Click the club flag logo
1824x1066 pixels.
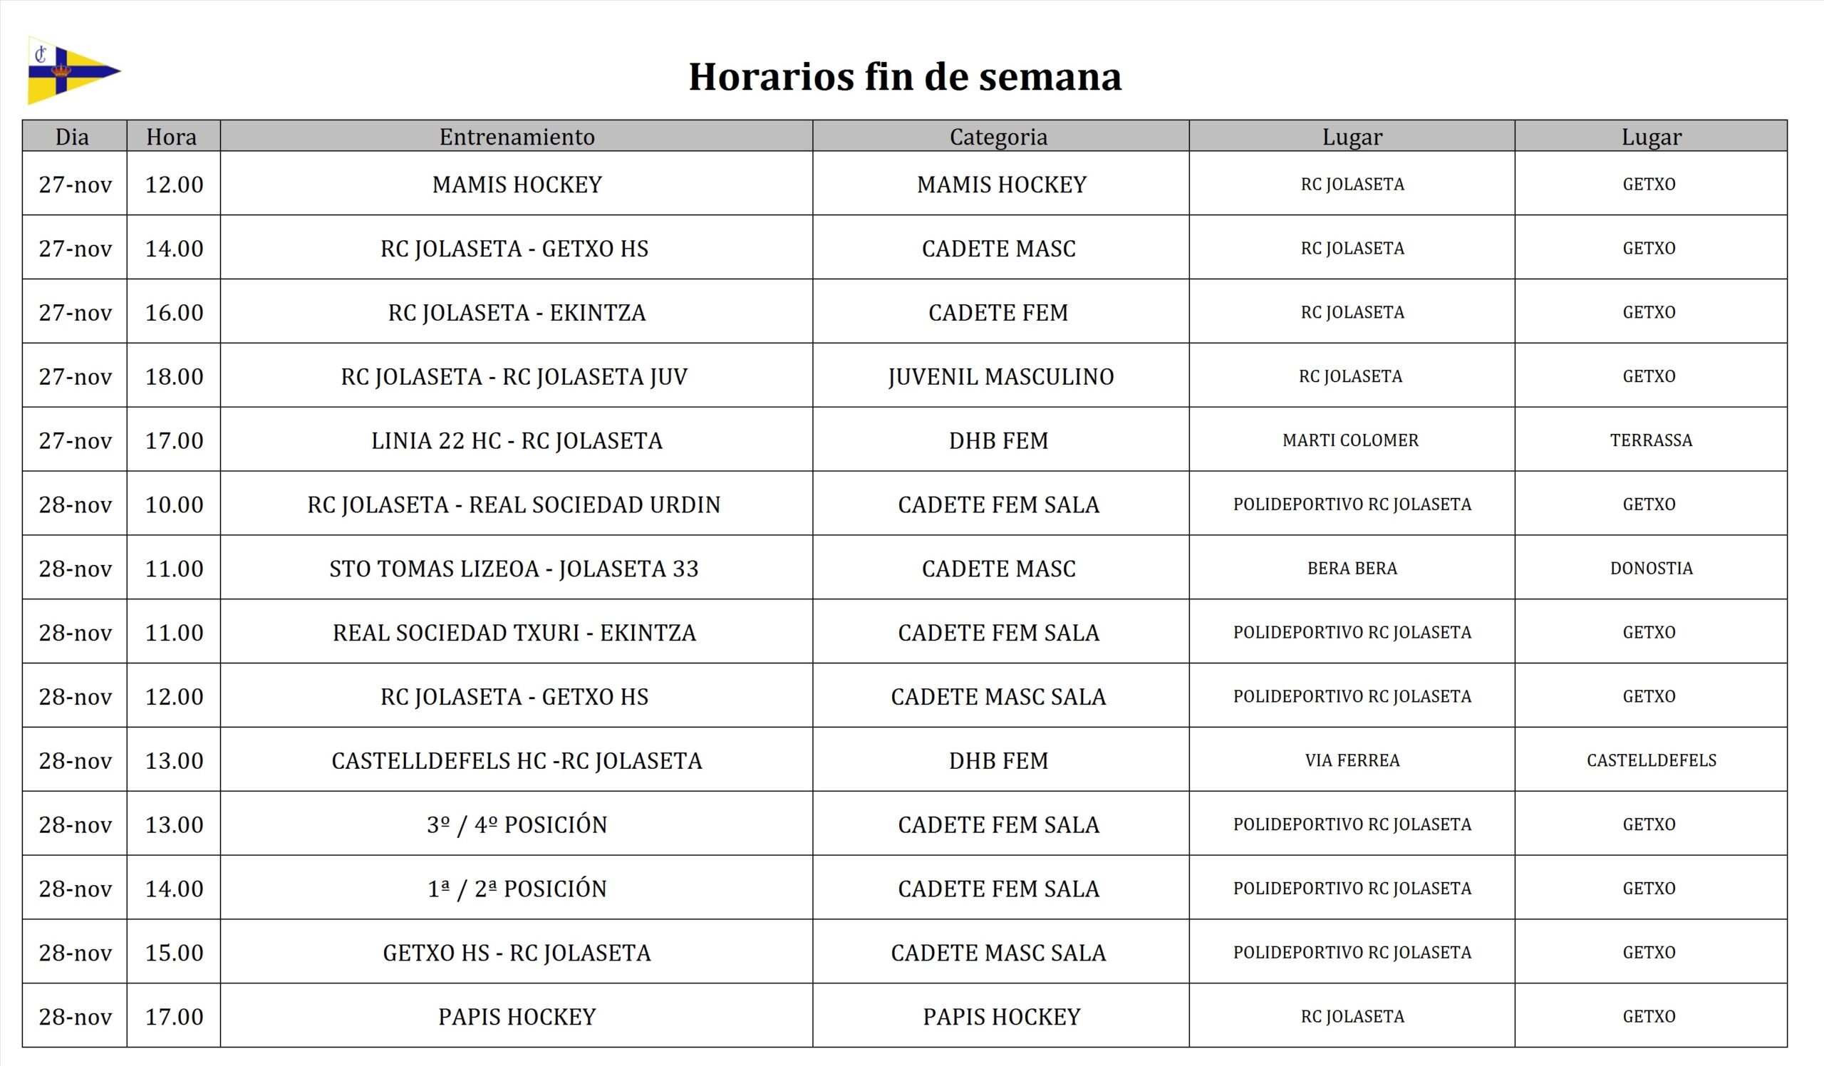point(73,71)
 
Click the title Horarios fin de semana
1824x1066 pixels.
point(905,77)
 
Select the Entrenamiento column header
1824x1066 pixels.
point(517,137)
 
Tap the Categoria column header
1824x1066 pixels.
point(998,137)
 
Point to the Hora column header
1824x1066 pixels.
point(172,137)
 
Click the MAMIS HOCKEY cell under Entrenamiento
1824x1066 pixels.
point(517,185)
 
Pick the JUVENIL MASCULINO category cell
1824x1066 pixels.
point(1000,376)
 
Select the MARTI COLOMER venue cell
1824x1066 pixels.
point(1350,440)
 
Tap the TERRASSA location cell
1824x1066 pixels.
point(1650,440)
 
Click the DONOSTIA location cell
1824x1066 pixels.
point(1650,568)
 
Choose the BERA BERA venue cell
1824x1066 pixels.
point(1352,568)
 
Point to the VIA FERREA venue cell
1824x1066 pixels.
point(1352,760)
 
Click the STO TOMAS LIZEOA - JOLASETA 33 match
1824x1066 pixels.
point(514,569)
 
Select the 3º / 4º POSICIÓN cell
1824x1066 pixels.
point(517,824)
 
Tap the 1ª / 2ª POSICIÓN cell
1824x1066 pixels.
point(517,889)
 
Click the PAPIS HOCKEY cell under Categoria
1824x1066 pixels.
point(1001,1017)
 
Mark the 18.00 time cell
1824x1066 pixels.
point(174,376)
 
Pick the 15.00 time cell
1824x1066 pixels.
point(174,953)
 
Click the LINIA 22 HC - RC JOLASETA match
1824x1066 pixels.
point(517,441)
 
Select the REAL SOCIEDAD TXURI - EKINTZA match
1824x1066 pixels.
point(514,633)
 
